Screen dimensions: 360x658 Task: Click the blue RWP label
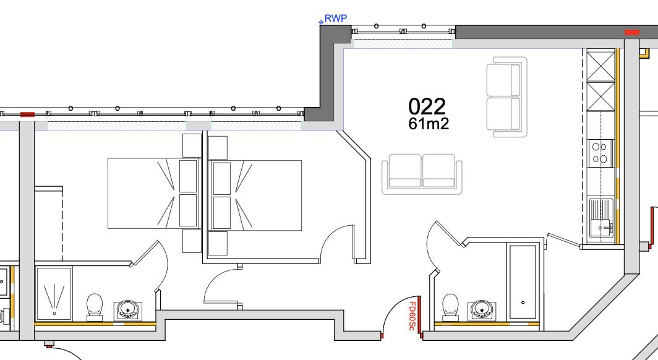[336, 18]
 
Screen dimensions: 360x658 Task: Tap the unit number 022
[427, 107]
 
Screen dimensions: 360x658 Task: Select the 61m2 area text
[428, 124]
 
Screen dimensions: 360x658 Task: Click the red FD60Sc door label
[412, 315]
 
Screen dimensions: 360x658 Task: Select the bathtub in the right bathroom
[523, 281]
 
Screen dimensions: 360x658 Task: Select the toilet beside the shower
[95, 306]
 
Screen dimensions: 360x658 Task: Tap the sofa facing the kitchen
[507, 97]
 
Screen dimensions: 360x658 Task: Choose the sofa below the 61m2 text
[422, 174]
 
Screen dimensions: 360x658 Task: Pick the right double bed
[257, 195]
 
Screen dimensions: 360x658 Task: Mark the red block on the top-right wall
[631, 32]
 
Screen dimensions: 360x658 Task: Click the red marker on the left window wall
[27, 114]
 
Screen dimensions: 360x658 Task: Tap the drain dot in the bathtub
[523, 302]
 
